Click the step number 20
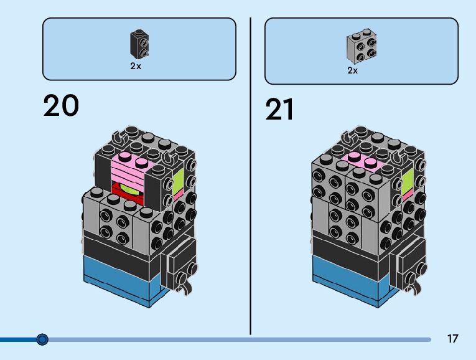tap(61, 106)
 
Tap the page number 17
tap(452, 339)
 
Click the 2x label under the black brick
tap(136, 66)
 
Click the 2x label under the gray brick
tap(353, 70)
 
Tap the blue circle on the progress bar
tap(42, 339)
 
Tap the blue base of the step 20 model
tap(118, 283)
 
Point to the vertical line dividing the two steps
tap(250, 174)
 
